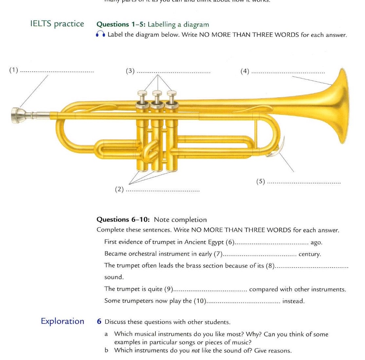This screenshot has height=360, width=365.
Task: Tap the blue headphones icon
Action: (101, 35)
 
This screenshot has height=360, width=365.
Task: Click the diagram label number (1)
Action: (14, 70)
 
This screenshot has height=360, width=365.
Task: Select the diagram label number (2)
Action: (119, 189)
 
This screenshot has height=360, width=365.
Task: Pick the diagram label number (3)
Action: (130, 71)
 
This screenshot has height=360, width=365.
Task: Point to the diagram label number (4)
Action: (245, 71)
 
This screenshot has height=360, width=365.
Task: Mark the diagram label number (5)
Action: (261, 182)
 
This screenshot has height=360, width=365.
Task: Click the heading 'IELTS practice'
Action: (57, 24)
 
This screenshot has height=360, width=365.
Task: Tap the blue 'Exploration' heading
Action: (62, 321)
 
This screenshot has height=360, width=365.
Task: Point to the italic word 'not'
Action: (195, 351)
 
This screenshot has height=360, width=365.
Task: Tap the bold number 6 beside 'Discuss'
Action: (99, 322)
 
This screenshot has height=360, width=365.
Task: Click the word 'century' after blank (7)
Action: (310, 254)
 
